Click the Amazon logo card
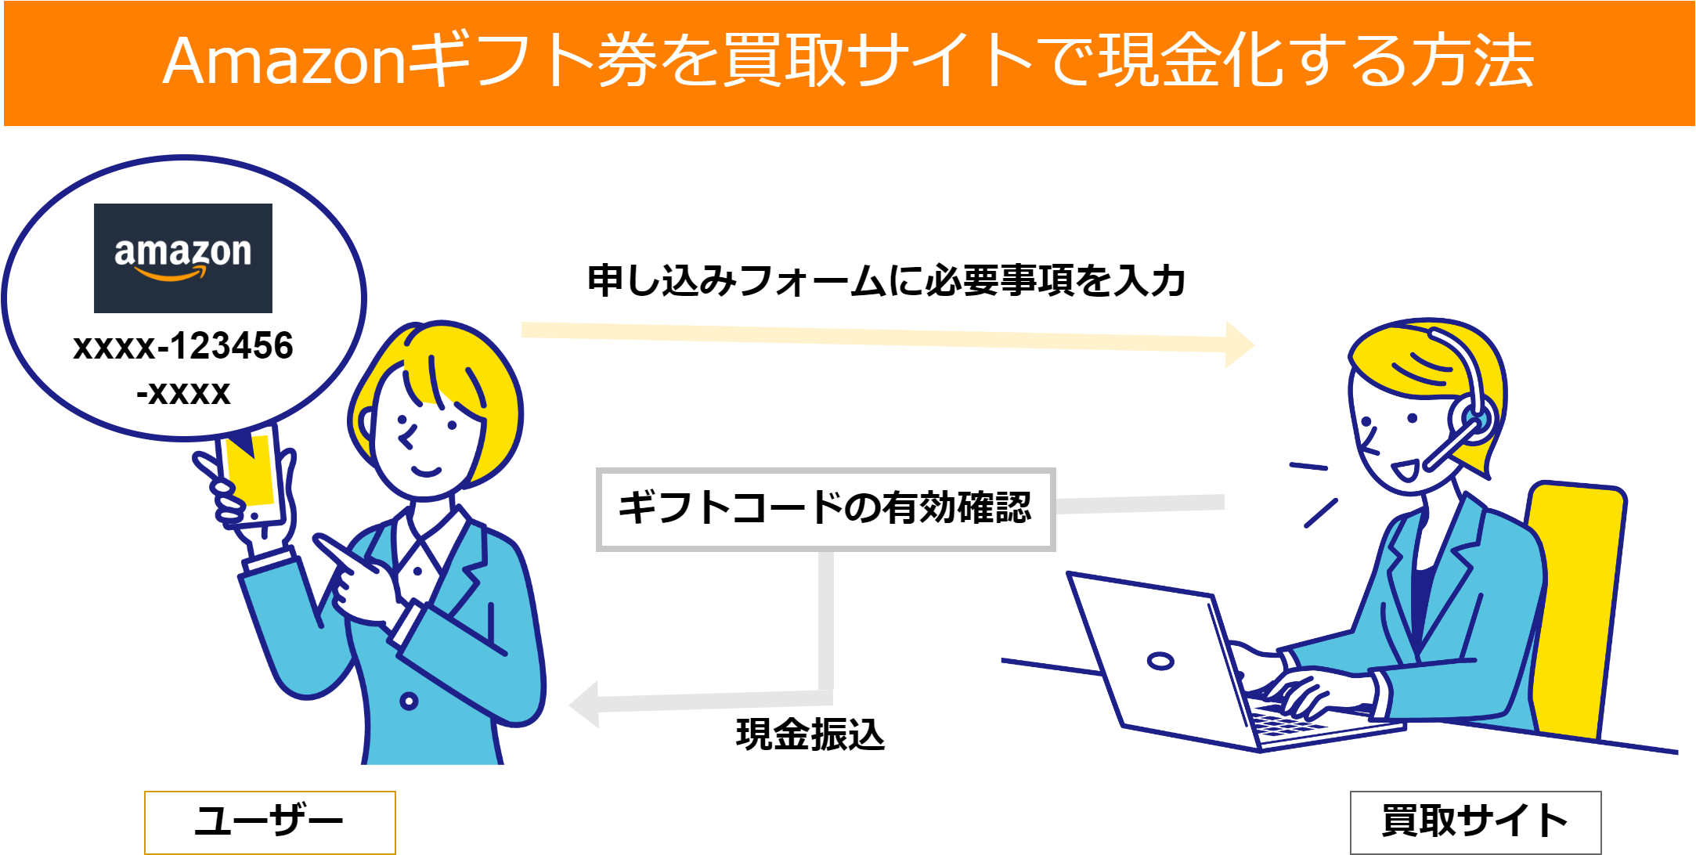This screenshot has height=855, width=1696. click(x=183, y=258)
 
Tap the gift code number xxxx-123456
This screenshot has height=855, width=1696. click(x=183, y=346)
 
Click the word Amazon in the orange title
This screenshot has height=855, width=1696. click(x=283, y=61)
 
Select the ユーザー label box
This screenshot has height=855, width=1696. click(x=270, y=821)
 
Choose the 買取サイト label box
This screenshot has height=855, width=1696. click(x=1475, y=821)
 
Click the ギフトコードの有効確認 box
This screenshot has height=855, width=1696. click(x=825, y=509)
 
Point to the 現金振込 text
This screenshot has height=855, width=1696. click(x=810, y=734)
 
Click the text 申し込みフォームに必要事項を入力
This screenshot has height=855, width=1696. click(x=886, y=280)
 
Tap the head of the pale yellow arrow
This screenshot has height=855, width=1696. click(x=1240, y=344)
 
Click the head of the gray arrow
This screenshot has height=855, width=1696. click(x=584, y=704)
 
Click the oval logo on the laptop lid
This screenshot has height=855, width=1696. click(x=1160, y=661)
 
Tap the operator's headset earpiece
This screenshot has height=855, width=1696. click(x=1475, y=420)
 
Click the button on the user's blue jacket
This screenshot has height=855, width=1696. click(x=409, y=701)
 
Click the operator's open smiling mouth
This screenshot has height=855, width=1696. click(x=1404, y=471)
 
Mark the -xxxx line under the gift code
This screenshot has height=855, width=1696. click(x=183, y=392)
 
